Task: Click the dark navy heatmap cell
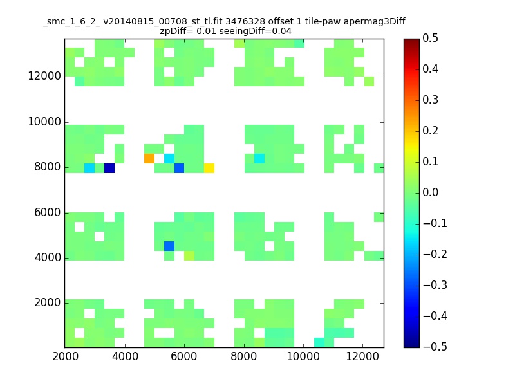(109, 168)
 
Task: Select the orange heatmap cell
(149, 158)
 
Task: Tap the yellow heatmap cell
(209, 168)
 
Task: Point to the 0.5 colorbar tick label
(430, 38)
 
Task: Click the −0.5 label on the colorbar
(435, 347)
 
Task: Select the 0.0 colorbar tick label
(430, 192)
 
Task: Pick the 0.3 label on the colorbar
(430, 100)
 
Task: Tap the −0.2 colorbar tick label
(435, 254)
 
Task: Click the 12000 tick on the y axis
(44, 76)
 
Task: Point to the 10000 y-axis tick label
(44, 122)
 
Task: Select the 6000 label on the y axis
(48, 212)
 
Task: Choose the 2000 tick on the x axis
(66, 356)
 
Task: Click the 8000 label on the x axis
(244, 356)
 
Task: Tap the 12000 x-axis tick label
(362, 356)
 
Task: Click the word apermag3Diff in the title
(375, 22)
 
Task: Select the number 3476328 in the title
(245, 21)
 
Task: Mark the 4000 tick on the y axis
(48, 258)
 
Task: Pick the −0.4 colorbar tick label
(435, 316)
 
